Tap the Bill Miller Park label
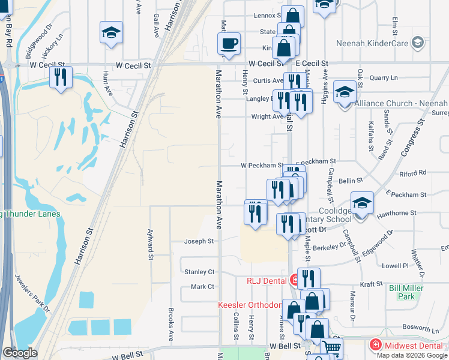pyautogui.click(x=406, y=292)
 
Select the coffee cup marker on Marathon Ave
pyautogui.click(x=229, y=44)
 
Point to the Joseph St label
pyautogui.click(x=199, y=241)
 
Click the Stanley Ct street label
pyautogui.click(x=199, y=272)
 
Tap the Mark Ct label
pyautogui.click(x=202, y=287)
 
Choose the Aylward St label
pyautogui.click(x=150, y=241)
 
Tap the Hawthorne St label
pyautogui.click(x=396, y=213)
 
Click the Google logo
pyautogui.click(x=20, y=353)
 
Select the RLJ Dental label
pyautogui.click(x=268, y=280)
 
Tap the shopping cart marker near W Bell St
pyautogui.click(x=331, y=347)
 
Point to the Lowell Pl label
pyautogui.click(x=395, y=265)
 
